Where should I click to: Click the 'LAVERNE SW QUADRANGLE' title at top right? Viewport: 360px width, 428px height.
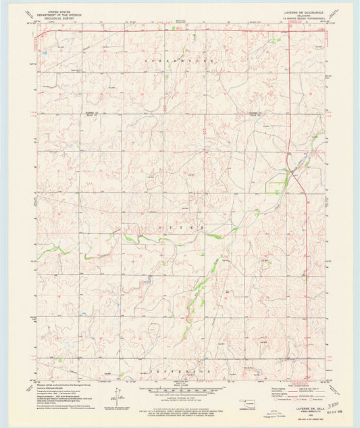click(309, 9)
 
